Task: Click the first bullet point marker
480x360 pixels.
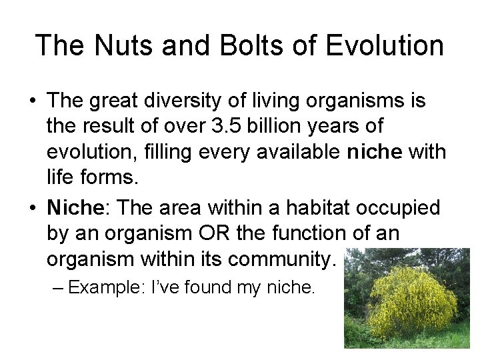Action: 32,101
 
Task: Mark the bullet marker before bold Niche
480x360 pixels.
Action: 32,208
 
